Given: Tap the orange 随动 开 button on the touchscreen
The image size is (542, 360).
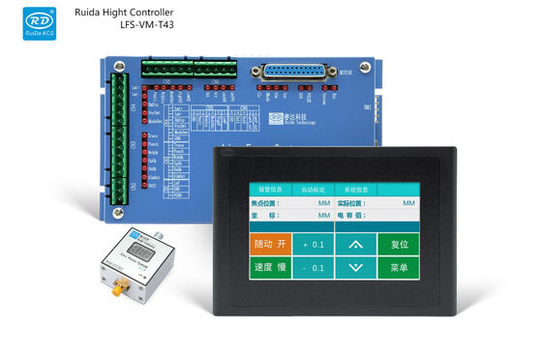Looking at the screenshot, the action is pos(270,244).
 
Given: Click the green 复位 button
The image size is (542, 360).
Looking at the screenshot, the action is pos(400,244).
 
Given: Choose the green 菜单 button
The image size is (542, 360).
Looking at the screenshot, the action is pos(400,267).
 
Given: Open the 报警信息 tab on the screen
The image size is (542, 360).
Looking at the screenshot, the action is pos(267,190).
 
